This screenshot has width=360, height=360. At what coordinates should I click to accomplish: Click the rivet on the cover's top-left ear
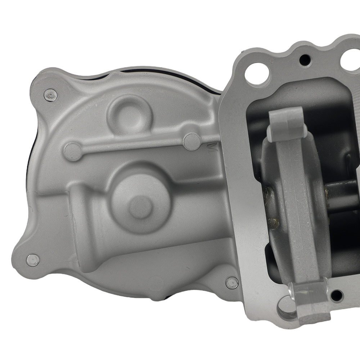point(51,95)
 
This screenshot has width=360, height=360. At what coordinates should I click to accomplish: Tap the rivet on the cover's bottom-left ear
point(33,259)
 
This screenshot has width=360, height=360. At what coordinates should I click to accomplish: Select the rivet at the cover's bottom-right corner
point(232,283)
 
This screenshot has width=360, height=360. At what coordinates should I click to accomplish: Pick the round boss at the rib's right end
point(192,141)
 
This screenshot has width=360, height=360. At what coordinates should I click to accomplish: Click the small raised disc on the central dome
point(140,207)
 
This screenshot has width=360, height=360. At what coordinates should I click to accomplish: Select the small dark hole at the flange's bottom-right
point(337,296)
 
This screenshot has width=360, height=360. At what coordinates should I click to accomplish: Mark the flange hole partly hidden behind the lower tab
point(286,306)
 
